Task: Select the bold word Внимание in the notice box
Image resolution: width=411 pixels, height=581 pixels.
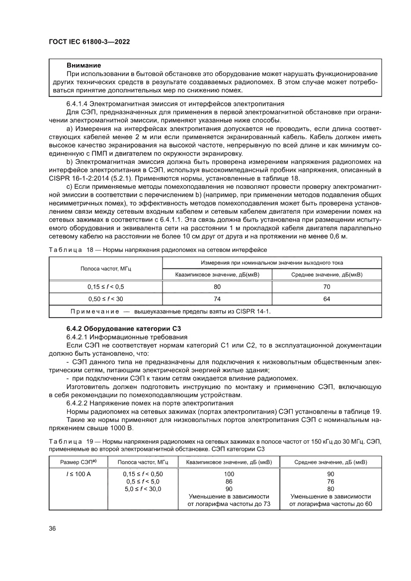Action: point(84,66)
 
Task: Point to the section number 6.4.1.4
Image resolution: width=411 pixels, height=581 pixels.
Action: point(80,104)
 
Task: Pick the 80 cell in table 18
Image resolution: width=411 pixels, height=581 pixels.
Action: point(217,286)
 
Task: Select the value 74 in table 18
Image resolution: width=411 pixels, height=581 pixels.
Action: point(217,299)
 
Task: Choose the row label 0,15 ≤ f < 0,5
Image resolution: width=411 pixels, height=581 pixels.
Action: point(106,286)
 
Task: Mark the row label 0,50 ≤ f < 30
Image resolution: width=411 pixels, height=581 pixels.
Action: point(106,299)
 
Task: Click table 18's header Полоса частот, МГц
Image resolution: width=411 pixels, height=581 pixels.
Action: point(106,268)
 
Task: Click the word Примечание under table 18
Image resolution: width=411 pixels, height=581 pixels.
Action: point(93,311)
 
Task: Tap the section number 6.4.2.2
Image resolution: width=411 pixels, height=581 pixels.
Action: point(80,403)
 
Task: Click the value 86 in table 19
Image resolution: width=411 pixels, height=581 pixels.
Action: point(229,482)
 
